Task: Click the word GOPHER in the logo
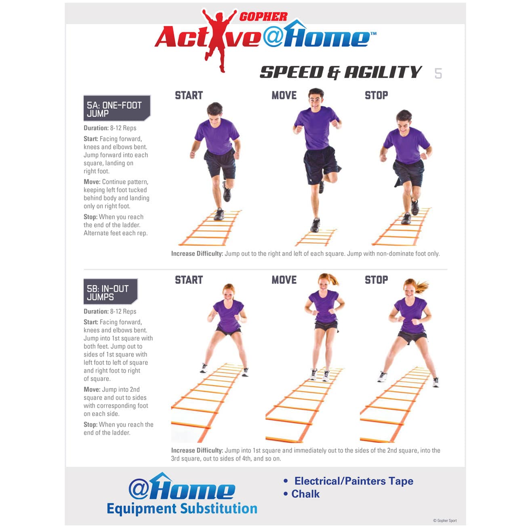263,17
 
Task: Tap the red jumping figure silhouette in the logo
218,38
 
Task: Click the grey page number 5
438,74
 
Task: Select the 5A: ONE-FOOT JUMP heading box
116,108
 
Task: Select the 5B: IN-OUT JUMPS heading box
109,292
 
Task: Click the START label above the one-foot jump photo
189,96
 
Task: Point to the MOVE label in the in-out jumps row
284,280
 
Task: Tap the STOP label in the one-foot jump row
376,96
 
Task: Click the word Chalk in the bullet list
305,494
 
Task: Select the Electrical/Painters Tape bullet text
353,481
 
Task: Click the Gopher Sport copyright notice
445,521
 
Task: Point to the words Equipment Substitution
182,509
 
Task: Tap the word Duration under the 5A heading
96,128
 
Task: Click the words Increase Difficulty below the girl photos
197,450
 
